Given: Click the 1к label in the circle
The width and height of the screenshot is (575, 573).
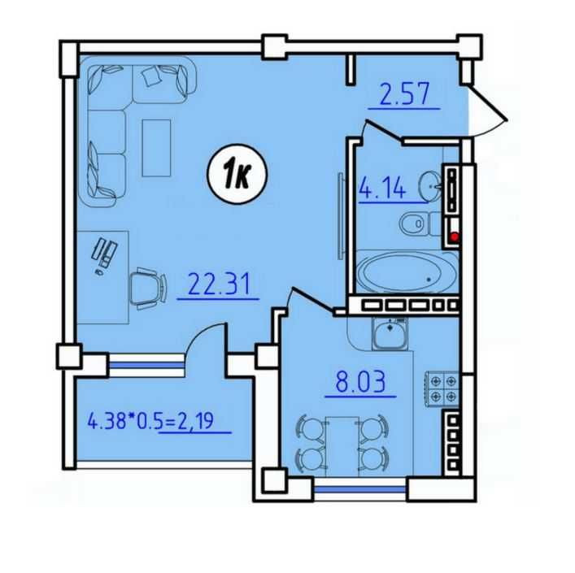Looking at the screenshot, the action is coord(237,174).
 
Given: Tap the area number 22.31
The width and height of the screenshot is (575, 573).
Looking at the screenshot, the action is coord(219,284).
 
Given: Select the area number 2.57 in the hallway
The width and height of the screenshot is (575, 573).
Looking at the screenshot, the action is coord(404,94).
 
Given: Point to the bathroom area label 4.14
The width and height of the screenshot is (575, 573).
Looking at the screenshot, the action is coord(382,188).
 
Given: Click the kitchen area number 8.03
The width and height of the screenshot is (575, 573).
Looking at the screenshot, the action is coord(360,381).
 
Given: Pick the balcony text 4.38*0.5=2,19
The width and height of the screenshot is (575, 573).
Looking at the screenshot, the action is coord(150,420).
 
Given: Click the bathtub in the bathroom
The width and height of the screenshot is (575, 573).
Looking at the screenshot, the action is coord(407,271).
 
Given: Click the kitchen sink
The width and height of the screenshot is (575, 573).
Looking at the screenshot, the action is coord(390,334).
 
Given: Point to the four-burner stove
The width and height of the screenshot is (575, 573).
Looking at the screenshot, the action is coord(442,389).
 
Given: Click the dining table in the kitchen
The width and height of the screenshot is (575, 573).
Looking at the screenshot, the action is coord(342,446).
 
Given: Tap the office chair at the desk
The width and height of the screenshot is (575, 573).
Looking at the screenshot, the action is coord(148,289).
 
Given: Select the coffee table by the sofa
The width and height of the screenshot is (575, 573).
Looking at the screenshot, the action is coord(157,148).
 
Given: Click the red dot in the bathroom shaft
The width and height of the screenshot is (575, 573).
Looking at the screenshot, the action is coord(455,237).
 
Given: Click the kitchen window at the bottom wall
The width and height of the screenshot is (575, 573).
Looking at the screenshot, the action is coord(360,489).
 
